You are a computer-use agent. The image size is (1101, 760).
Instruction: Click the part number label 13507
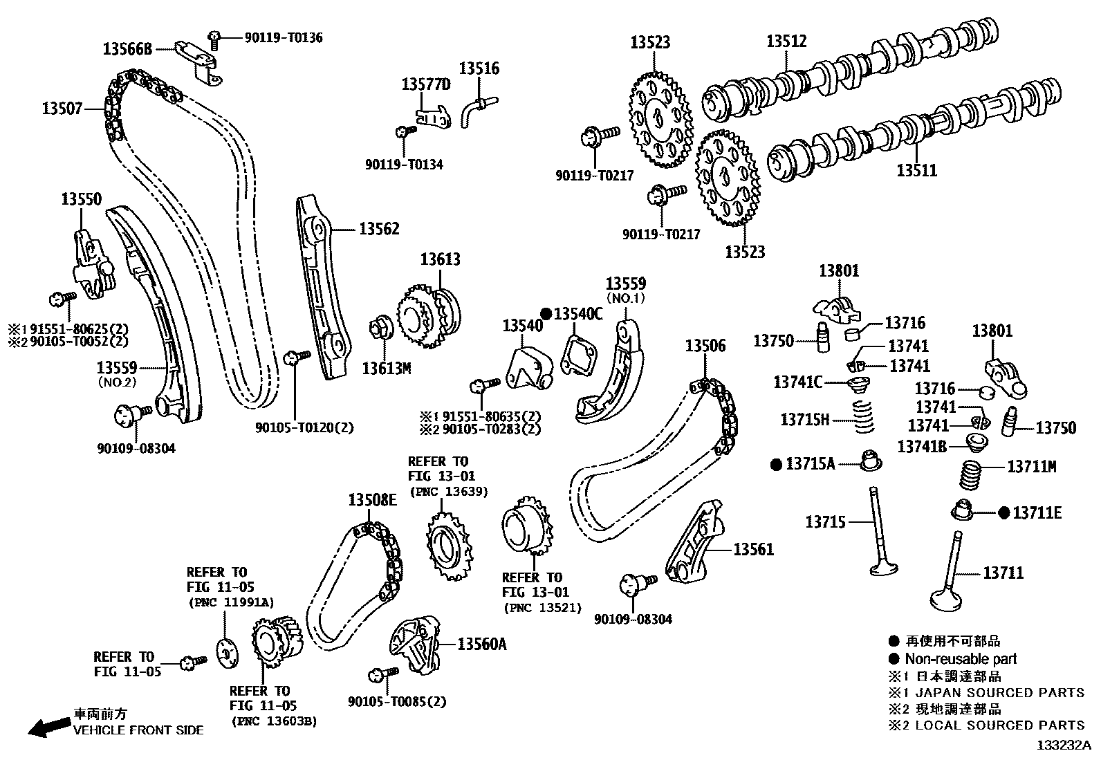pyautogui.click(x=62, y=109)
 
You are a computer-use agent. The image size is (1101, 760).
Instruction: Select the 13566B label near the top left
pyautogui.click(x=127, y=49)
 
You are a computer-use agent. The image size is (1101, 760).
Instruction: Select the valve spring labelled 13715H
pyautogui.click(x=862, y=418)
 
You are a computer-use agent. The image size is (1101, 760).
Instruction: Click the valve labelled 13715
pyautogui.click(x=881, y=532)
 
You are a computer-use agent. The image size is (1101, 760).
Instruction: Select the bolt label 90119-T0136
pyautogui.click(x=283, y=37)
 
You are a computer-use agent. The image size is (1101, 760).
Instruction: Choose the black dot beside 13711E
pyautogui.click(x=1004, y=512)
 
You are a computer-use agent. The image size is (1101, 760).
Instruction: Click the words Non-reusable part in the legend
pyautogui.click(x=961, y=659)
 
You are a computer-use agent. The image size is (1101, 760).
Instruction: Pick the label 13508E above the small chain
pyautogui.click(x=372, y=500)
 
